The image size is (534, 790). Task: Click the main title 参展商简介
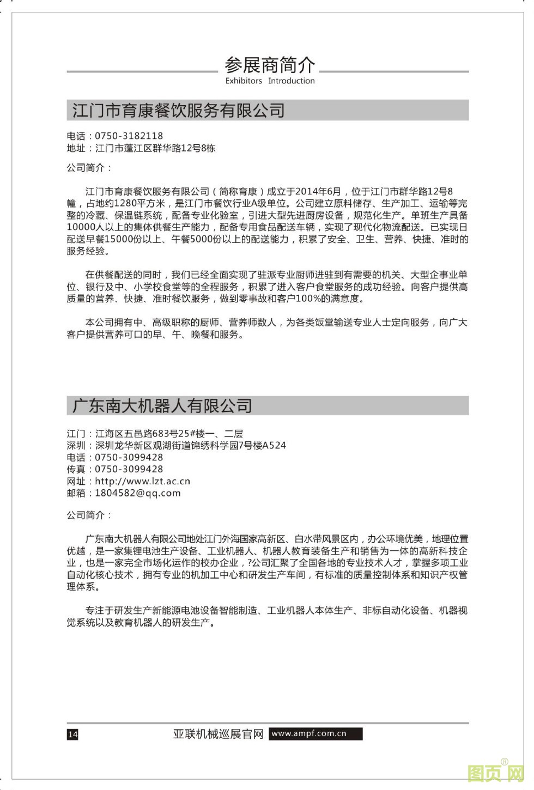point(270,65)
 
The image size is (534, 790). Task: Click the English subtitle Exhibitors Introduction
point(270,81)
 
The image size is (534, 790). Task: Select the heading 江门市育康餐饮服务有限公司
point(179,111)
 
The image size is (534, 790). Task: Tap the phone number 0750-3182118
point(129,136)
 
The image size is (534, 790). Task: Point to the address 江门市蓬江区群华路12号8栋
point(155,148)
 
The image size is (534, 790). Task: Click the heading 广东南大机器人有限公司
point(162,406)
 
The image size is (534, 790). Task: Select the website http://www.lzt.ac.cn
point(142,481)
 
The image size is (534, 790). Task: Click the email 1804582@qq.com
point(137,493)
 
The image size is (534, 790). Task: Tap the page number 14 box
point(72,734)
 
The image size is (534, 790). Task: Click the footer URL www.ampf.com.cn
point(309,734)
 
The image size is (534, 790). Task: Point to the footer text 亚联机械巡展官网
point(219,734)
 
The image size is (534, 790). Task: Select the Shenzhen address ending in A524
point(190,446)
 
